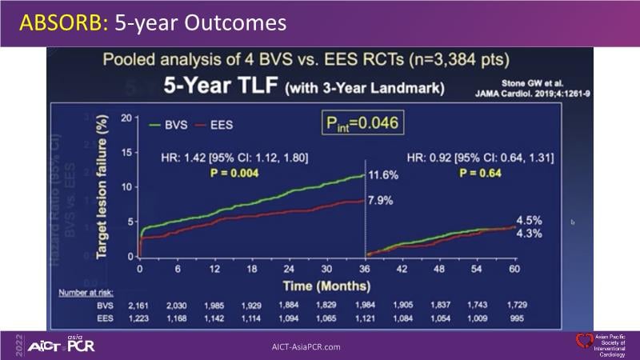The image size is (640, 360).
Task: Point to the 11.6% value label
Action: tap(383, 174)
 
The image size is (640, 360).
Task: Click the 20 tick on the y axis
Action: tap(126, 118)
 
